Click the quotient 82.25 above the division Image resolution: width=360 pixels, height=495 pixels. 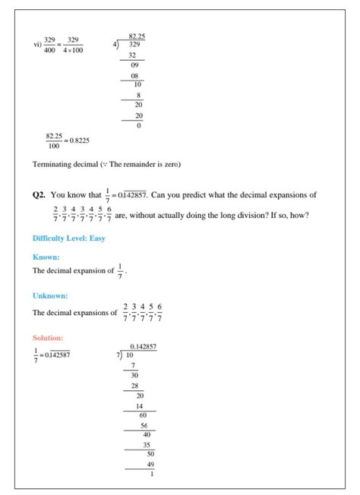click(137, 36)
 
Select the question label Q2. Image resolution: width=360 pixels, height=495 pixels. click(39, 196)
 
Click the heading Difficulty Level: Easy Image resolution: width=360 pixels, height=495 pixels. click(68, 238)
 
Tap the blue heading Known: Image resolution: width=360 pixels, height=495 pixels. click(46, 257)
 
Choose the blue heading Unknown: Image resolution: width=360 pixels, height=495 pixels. click(50, 295)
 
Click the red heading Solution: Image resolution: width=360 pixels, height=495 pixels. click(48, 337)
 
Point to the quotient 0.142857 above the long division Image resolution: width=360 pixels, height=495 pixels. click(144, 346)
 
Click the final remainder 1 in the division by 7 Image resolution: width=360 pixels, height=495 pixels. click(152, 475)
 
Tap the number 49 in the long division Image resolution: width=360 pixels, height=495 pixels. click(150, 464)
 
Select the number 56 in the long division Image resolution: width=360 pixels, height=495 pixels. click(144, 425)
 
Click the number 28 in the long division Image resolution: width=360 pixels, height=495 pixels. click(134, 386)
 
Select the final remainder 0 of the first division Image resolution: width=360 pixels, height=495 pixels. click(139, 125)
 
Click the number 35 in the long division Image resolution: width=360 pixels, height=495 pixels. click(147, 445)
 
